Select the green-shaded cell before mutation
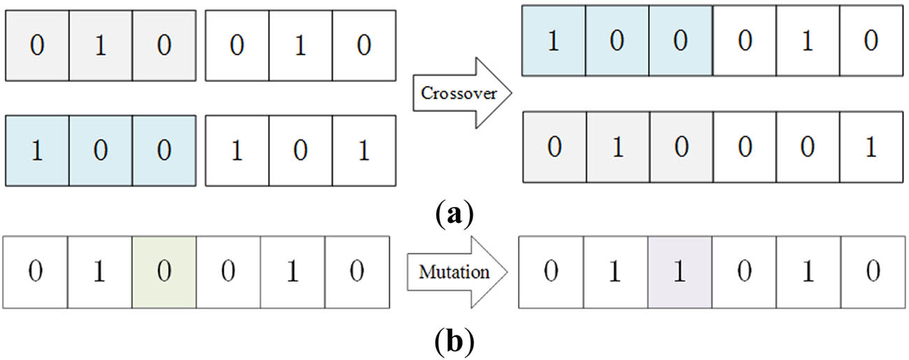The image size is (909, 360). click(164, 272)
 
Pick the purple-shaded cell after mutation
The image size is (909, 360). click(680, 272)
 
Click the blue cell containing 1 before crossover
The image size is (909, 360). click(37, 152)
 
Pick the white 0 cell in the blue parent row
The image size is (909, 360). click(300, 152)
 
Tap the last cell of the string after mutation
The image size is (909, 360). click(872, 272)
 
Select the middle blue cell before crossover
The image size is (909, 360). click(100, 152)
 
